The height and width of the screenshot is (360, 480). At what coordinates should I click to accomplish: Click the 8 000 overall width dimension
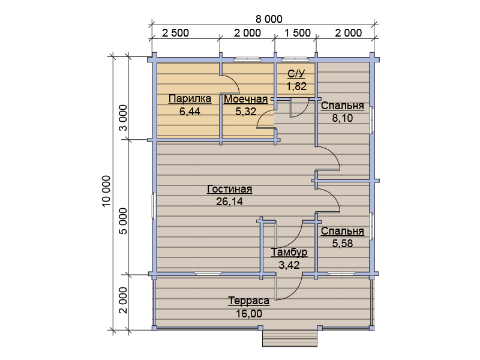tap(269, 19)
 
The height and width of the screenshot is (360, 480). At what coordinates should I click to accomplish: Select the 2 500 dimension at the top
tap(175, 33)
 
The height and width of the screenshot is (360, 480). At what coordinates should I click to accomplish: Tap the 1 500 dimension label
tap(298, 33)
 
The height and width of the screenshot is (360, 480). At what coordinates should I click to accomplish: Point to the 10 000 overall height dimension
tap(106, 191)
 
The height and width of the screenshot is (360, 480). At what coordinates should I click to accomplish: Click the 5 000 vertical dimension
tap(123, 221)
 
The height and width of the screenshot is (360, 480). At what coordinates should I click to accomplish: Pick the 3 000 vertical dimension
tap(123, 118)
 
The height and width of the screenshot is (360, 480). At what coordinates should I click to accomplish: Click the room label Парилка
tap(190, 98)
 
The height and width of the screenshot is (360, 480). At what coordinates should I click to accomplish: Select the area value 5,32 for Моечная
tap(245, 112)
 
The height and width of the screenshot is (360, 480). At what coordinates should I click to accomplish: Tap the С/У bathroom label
tap(296, 73)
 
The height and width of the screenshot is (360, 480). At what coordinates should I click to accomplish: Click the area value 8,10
tap(342, 118)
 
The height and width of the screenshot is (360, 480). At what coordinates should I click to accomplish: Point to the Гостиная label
tap(230, 189)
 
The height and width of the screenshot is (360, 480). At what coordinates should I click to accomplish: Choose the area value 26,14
tap(229, 202)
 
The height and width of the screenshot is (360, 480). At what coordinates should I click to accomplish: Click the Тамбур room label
tap(289, 252)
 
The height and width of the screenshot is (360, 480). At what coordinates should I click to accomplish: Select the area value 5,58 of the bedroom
tap(342, 244)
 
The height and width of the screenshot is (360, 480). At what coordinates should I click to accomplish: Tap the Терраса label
tap(248, 301)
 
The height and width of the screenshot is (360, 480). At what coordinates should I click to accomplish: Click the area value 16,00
tap(249, 314)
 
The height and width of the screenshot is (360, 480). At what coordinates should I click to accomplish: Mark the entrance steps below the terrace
tap(290, 338)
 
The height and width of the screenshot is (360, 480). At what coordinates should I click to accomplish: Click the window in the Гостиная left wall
tap(155, 205)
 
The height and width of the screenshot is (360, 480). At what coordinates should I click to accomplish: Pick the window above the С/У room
tap(295, 59)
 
